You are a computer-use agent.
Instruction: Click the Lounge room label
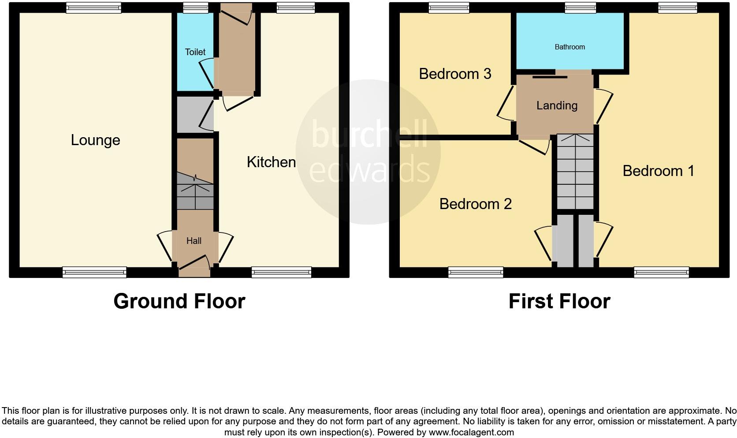(95, 140)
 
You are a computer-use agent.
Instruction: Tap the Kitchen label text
(271, 162)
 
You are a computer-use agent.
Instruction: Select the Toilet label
(195, 52)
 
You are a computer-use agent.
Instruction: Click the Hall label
(194, 241)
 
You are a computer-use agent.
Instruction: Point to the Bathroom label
(569, 47)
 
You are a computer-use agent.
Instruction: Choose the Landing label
(557, 105)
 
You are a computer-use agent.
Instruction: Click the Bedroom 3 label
(455, 74)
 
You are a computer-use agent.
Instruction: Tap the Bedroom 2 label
(475, 204)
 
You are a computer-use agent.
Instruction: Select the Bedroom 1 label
(658, 171)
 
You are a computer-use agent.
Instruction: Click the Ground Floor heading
(179, 301)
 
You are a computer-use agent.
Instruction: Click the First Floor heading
(559, 301)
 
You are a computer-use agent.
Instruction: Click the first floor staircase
(575, 172)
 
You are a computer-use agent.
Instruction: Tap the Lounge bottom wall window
(94, 272)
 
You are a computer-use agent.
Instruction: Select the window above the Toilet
(196, 7)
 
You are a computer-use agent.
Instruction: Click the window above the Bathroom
(580, 7)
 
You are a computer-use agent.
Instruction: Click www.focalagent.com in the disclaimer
(471, 432)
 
